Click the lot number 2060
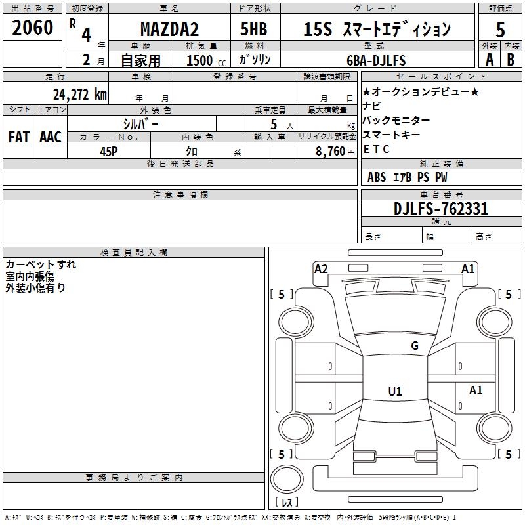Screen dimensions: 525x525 point(32,28)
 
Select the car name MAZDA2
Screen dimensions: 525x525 point(169,29)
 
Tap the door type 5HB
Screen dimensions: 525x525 point(255,29)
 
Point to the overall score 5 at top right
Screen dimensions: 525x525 point(500,30)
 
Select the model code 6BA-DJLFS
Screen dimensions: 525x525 point(376,60)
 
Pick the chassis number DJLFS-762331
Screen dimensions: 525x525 point(441,209)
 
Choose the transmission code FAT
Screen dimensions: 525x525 point(18,137)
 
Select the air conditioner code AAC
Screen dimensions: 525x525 point(50,137)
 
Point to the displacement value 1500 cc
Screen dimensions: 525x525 point(205,60)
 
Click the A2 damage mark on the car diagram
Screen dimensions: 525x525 point(321,268)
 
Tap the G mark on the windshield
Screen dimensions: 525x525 point(414,346)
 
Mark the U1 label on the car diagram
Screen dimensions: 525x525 point(395,392)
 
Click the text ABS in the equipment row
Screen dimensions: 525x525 point(377,177)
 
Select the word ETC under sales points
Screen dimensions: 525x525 point(377,149)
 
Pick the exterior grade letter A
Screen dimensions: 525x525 point(489,60)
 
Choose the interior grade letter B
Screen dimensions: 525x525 point(511,60)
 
